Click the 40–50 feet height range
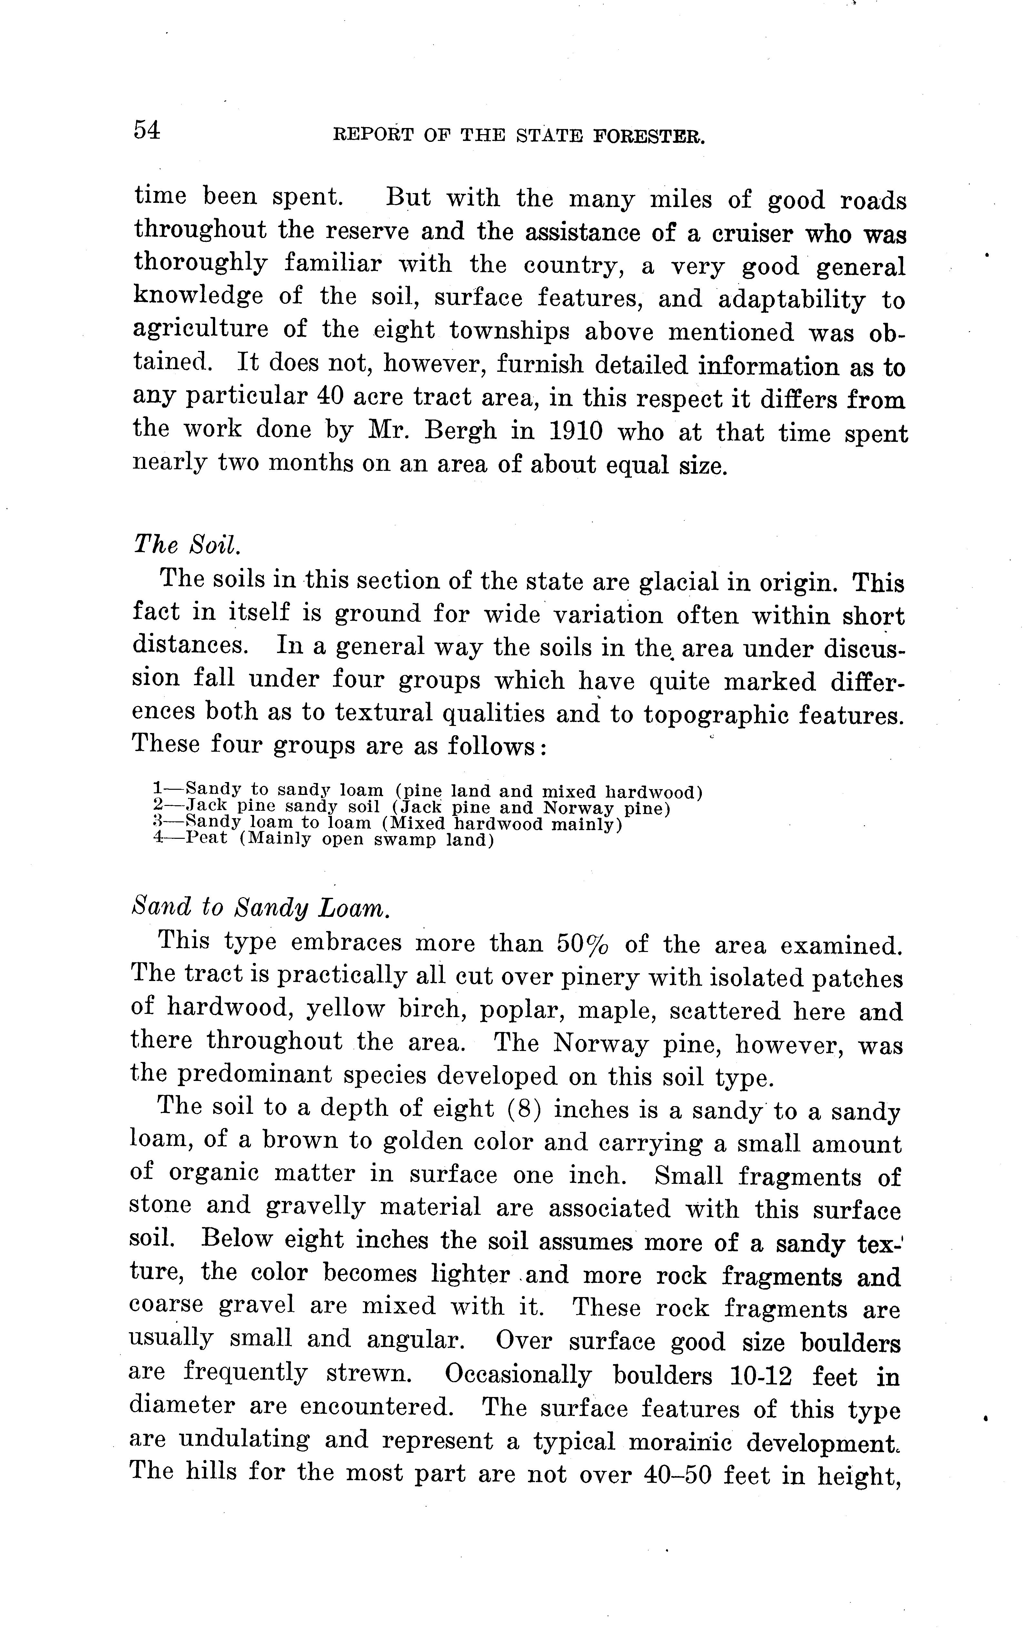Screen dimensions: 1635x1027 pyautogui.click(x=676, y=1473)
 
